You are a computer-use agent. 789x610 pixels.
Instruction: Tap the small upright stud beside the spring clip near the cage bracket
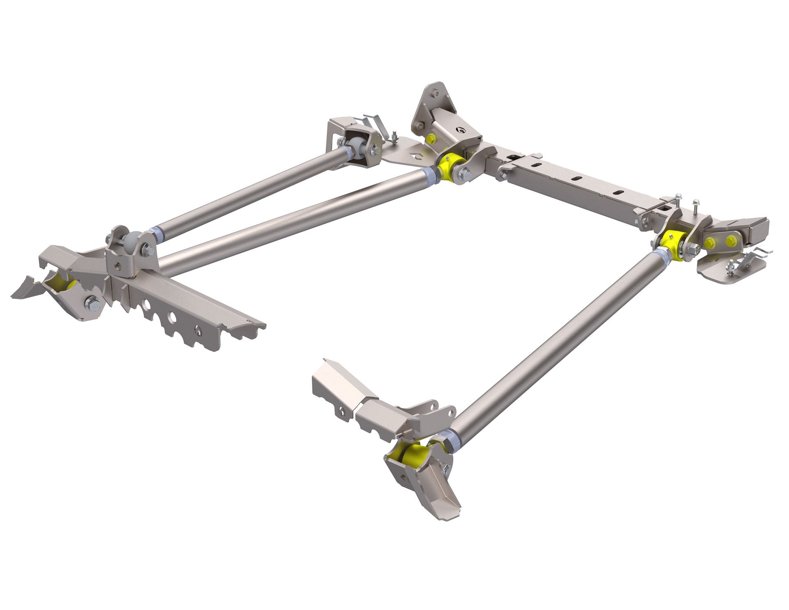393,136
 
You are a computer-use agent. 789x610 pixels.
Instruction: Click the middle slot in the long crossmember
577,178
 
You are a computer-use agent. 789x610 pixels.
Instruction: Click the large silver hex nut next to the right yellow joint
694,250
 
